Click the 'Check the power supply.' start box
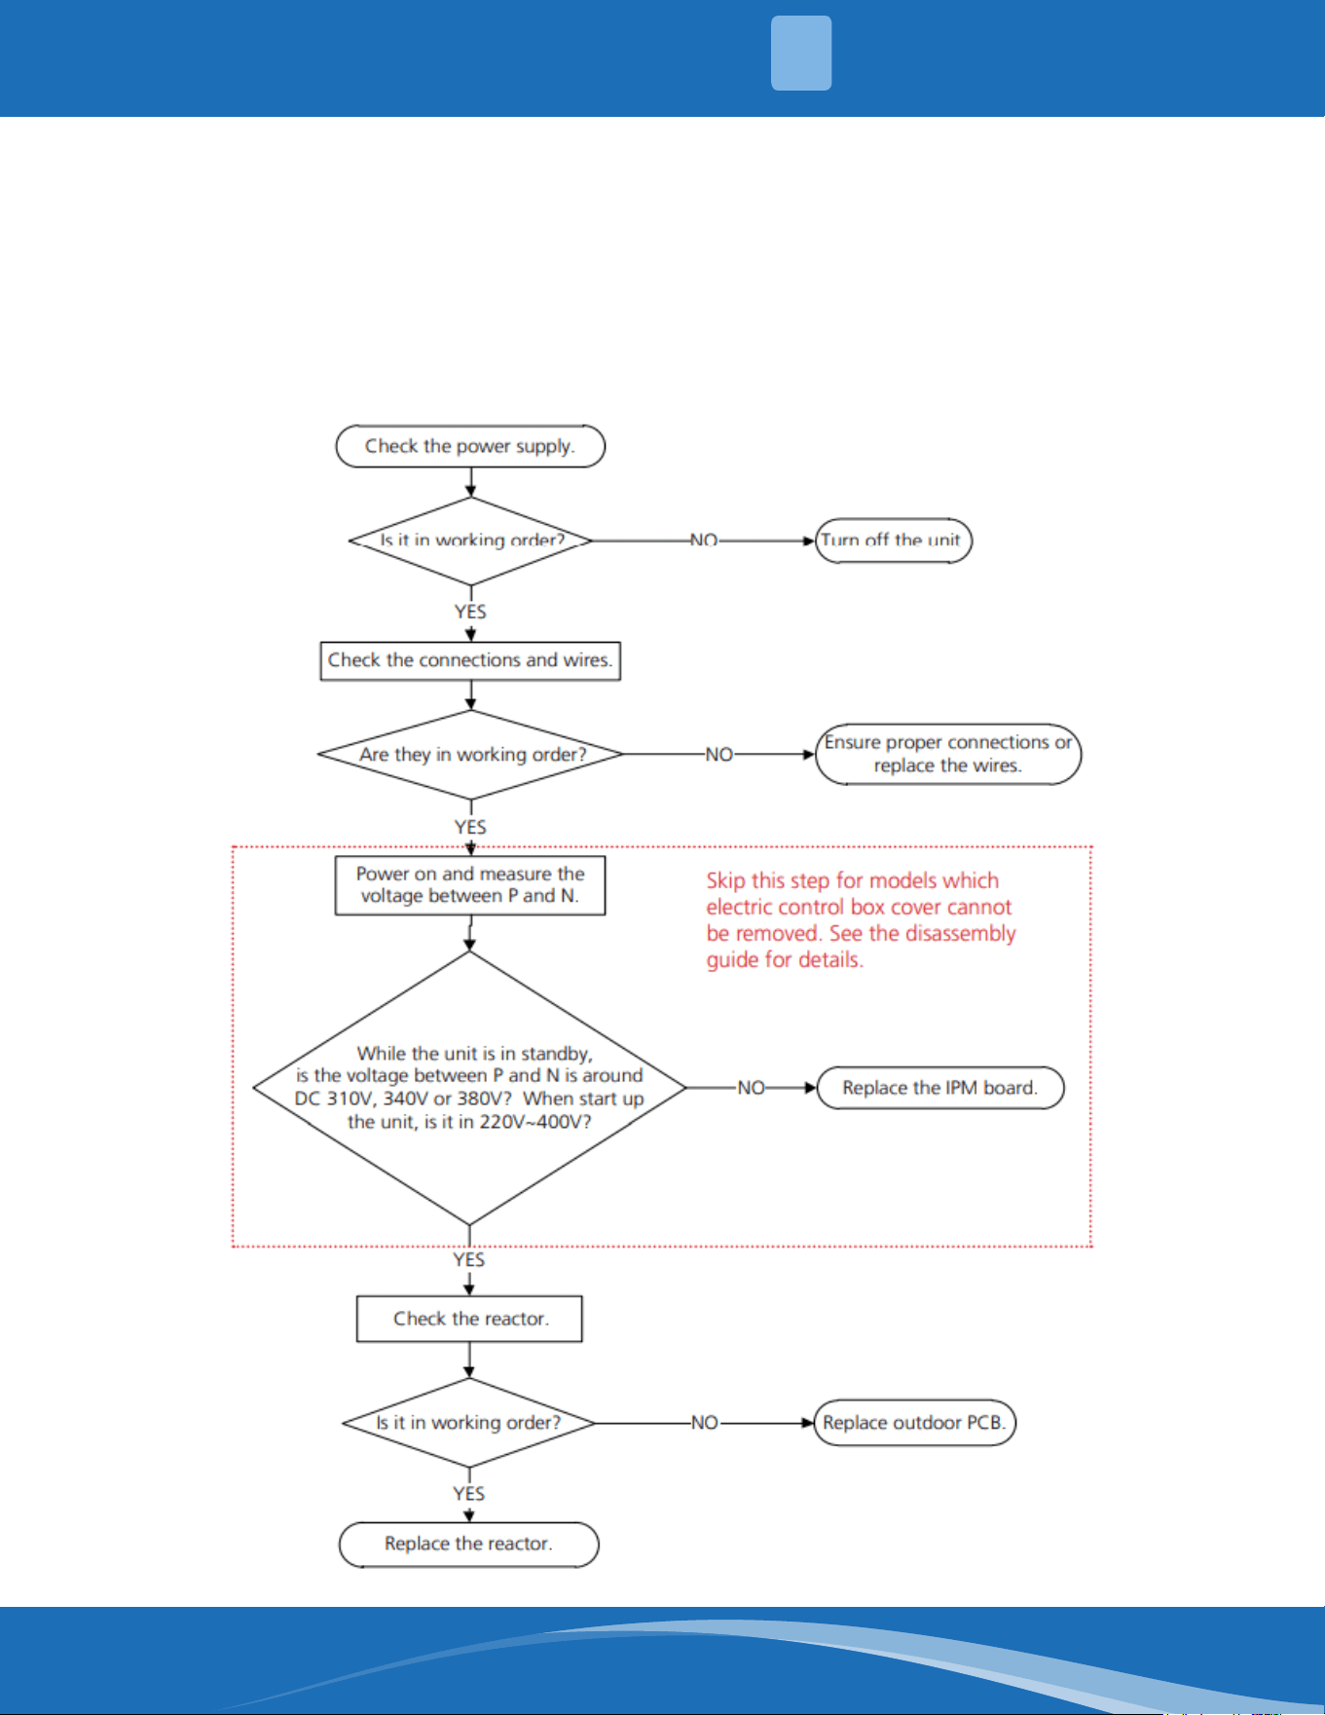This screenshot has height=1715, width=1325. point(470,446)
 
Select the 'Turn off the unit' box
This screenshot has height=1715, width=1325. point(894,541)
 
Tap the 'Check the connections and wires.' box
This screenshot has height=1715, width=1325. point(470,660)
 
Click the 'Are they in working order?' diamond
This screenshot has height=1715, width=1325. point(471,755)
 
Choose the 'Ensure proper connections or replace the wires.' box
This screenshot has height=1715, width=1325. point(948,754)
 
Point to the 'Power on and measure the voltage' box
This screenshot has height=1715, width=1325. point(470,885)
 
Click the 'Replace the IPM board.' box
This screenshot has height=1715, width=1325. point(940,1088)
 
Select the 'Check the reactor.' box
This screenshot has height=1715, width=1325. point(469,1319)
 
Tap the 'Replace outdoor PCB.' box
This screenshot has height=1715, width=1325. point(914,1423)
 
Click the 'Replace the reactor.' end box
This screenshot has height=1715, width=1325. point(468,1545)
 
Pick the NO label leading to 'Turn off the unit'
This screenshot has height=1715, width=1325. point(704,541)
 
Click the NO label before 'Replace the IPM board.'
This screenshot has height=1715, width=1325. point(751,1088)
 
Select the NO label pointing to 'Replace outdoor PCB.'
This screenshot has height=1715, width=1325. point(704,1423)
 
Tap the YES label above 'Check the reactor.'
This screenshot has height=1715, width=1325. point(468,1260)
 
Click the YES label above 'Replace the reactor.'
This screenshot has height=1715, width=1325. point(468,1494)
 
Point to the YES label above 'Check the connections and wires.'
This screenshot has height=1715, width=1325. point(470,612)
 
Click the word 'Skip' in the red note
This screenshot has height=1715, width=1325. point(726,881)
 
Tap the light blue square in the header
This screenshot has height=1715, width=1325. point(801,54)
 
